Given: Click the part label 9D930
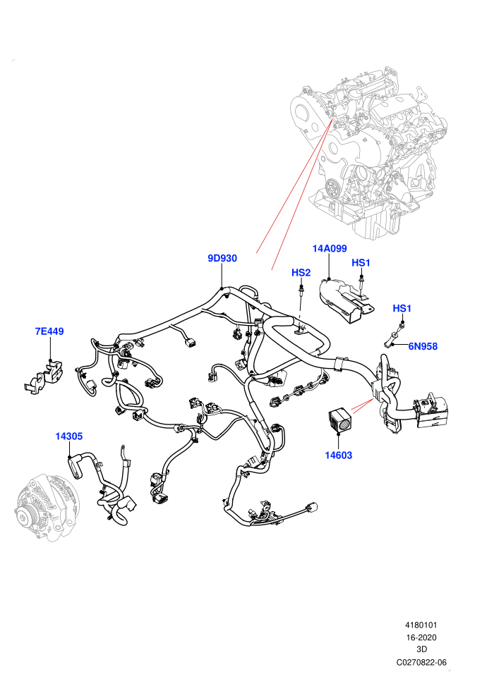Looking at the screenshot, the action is point(222,258).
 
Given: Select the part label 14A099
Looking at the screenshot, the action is point(330,248).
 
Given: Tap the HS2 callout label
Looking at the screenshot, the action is point(301,272).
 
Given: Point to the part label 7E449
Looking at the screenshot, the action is point(49,331).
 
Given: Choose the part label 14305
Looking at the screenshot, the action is point(69,436).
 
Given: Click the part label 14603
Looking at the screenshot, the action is point(339,455).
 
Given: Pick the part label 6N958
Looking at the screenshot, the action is point(423,346).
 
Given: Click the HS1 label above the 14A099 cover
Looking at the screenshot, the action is point(361,263).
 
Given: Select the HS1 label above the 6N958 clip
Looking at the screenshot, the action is point(402,308).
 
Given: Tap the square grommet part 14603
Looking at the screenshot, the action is point(341,420).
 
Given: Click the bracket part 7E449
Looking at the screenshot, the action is point(43,377).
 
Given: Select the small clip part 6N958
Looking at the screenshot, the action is point(393,338).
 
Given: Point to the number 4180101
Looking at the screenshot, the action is point(421,625).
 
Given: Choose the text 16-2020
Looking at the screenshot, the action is point(421,637).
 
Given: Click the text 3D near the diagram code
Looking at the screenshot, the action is point(421,649).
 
